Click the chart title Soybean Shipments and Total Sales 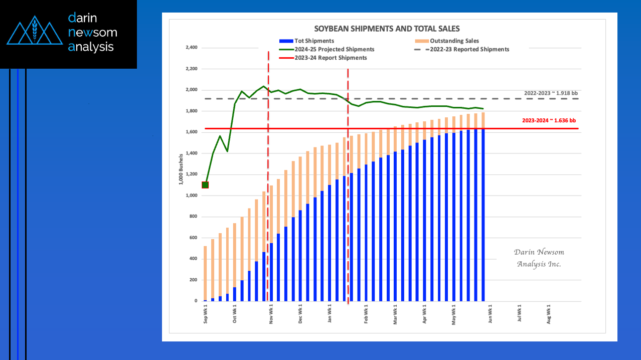click(x=387, y=29)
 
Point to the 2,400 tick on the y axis click(x=192, y=48)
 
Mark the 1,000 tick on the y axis click(x=192, y=196)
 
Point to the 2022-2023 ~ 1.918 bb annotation click(x=551, y=93)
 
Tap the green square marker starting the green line click(x=205, y=185)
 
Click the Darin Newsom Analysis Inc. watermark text click(x=539, y=258)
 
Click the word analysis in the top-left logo click(x=91, y=47)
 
